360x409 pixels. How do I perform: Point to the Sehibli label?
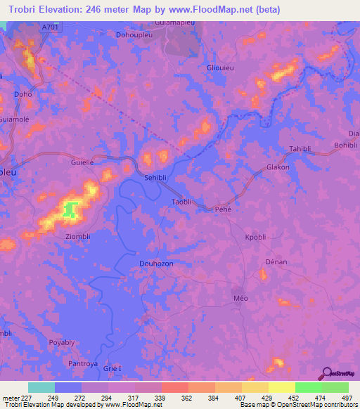pyautogui.click(x=157, y=178)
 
